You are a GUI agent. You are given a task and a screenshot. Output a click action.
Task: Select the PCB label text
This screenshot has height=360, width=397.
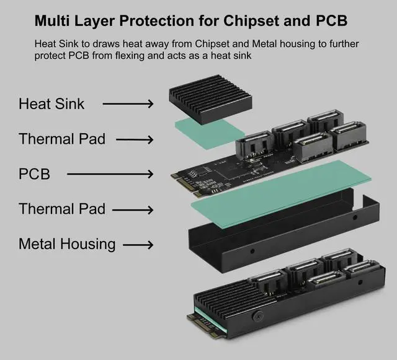point(34,173)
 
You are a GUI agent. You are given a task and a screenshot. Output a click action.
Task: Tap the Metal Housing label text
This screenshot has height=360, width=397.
point(67,244)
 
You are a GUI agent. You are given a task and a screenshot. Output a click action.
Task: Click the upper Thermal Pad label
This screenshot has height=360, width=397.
point(62,139)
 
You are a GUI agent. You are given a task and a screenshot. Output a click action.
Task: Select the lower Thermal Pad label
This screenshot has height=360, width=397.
point(62,209)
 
